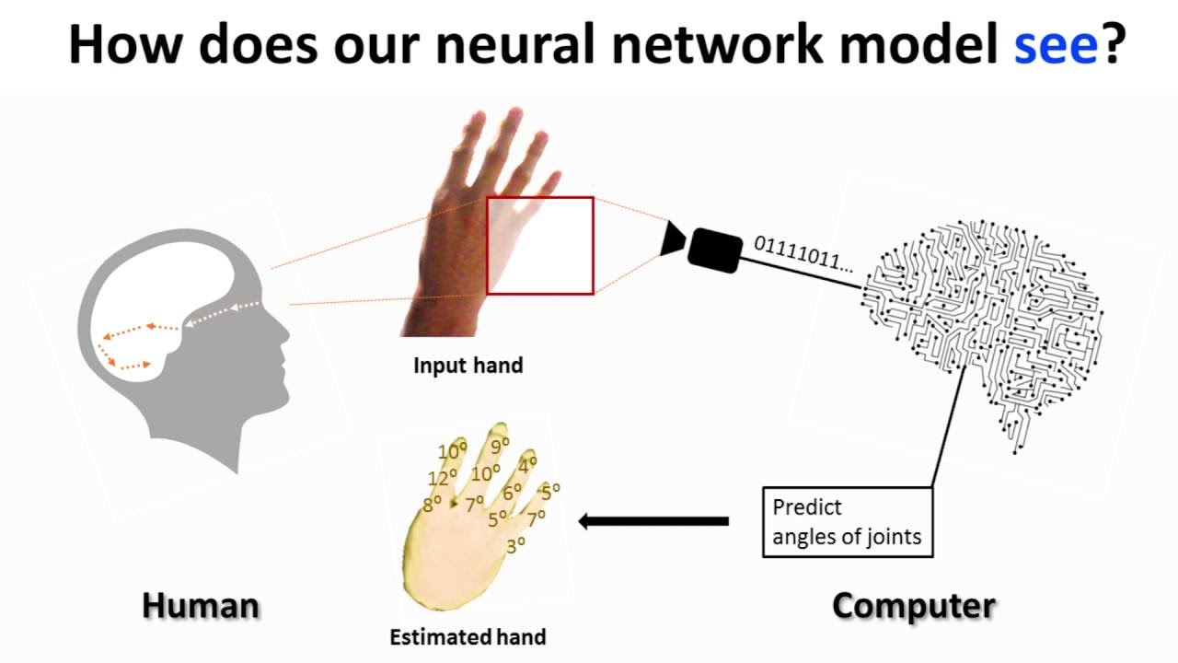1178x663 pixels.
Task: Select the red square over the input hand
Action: point(540,246)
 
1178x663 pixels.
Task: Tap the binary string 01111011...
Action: point(803,255)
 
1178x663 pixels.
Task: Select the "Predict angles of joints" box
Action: point(848,521)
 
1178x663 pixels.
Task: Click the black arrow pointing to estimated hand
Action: point(653,521)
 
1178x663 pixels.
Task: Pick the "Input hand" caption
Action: point(468,366)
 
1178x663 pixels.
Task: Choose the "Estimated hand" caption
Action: point(468,636)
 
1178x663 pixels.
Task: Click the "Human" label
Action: point(201,606)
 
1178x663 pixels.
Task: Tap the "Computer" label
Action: point(913,606)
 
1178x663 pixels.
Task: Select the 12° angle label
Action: point(443,479)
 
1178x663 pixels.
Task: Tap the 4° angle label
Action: point(528,465)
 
